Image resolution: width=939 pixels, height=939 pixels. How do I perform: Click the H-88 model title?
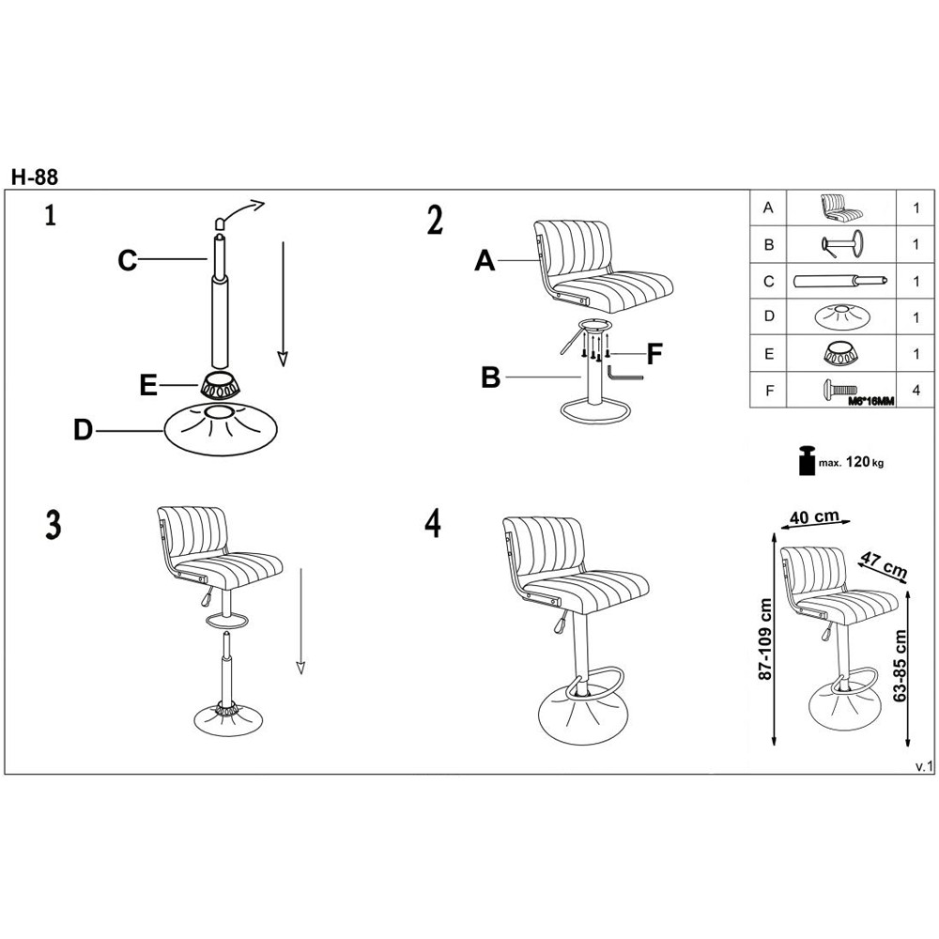point(35,177)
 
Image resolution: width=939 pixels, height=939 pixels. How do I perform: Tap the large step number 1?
point(51,215)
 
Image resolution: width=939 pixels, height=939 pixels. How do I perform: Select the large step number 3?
point(54,525)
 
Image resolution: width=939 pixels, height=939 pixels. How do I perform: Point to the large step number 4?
point(433,523)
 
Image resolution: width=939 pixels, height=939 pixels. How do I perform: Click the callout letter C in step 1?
point(128,260)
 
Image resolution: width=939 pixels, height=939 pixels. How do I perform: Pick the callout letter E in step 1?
point(148,385)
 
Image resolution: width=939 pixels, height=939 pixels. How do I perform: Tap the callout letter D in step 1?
point(84,430)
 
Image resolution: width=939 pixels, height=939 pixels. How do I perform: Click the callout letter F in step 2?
point(654,353)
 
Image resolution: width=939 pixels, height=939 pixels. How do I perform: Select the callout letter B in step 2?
point(490,377)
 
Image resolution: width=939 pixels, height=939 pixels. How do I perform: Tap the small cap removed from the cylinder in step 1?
point(220,223)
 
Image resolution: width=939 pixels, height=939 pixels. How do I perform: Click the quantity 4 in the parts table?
point(916,391)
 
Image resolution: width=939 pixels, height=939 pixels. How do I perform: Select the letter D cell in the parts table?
point(768,316)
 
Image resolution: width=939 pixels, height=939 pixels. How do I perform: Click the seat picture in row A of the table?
point(840,208)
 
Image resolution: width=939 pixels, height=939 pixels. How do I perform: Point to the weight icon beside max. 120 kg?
point(808,460)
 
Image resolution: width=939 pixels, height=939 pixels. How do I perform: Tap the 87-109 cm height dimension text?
point(765,639)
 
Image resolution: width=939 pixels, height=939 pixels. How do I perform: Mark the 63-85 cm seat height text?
point(900,666)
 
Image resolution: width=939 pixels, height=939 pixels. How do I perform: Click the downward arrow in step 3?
point(300,621)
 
